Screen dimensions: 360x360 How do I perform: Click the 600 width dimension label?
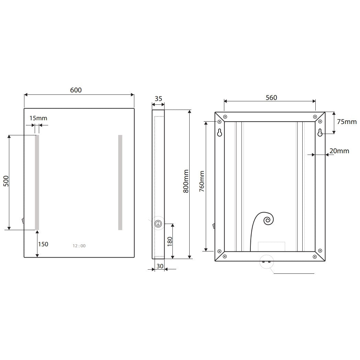click(76, 90)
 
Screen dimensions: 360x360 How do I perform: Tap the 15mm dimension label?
click(38, 118)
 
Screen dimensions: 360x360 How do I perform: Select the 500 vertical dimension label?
click(6, 182)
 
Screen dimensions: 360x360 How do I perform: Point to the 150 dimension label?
click(43, 244)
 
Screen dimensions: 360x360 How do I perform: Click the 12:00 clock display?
click(79, 246)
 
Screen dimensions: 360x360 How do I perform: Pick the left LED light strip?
click(37, 182)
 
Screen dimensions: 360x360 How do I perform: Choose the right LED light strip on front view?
click(120, 182)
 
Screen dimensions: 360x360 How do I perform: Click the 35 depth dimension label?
click(158, 99)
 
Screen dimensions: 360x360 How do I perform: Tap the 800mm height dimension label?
click(185, 181)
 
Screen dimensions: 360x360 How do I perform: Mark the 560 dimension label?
click(271, 98)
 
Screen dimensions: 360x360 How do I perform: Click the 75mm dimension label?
click(346, 122)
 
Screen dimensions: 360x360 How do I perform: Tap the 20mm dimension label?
click(339, 151)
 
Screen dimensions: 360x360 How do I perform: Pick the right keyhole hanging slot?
click(320, 133)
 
